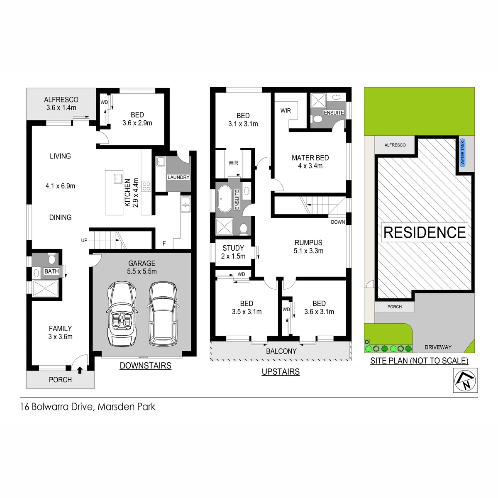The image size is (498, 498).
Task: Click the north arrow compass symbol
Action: point(465,381)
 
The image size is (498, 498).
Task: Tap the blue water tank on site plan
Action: point(462,153)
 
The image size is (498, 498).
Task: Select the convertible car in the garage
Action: point(122,314)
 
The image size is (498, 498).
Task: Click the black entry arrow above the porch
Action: point(80,370)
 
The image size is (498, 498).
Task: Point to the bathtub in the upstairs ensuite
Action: point(225,199)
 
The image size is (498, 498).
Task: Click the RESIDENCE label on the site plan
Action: point(425,232)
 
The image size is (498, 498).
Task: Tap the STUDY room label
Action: point(233,248)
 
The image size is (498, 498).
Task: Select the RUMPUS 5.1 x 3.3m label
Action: point(308,247)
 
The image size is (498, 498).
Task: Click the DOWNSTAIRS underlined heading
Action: point(146,366)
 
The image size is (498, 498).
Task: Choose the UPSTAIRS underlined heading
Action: point(281,371)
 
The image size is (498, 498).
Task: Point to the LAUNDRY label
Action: point(178,177)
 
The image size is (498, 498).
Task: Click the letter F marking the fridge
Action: point(164,243)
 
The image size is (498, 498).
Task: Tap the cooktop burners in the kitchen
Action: point(146,186)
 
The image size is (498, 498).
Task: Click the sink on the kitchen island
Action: point(118,179)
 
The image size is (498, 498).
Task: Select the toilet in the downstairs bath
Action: point(52,258)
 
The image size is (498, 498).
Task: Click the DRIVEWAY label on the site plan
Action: point(438,347)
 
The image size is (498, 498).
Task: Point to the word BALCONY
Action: point(281,351)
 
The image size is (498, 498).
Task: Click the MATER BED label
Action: point(310,158)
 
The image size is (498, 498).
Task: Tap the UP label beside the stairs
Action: point(84,240)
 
